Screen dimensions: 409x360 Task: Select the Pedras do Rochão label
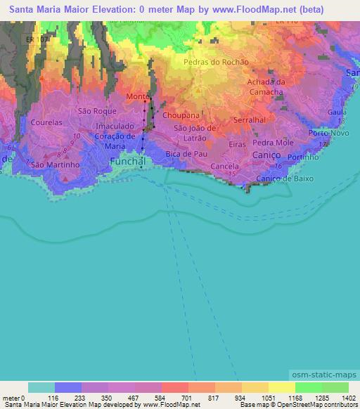coord(216,62)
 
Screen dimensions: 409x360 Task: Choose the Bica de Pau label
coord(185,153)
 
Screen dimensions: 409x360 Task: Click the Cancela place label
coord(225,167)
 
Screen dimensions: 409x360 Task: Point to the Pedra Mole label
coord(278,142)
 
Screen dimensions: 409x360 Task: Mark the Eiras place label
coord(237,143)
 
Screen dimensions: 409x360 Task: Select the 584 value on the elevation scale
coord(148,397)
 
